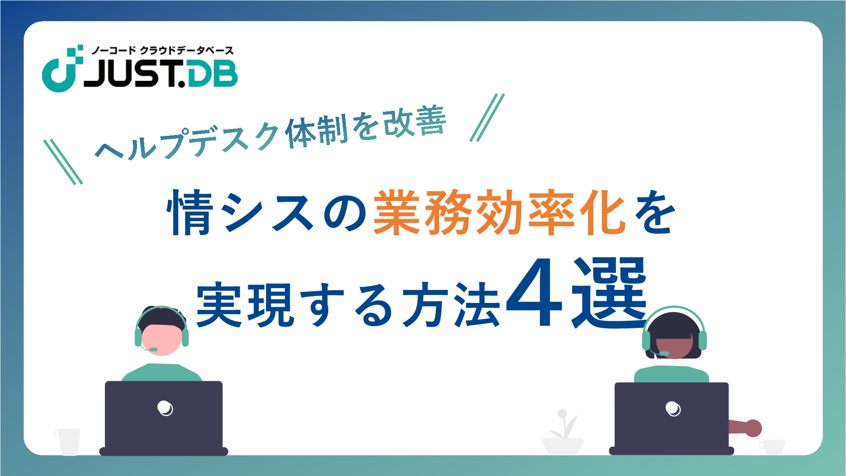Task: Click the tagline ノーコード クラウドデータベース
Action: [x=162, y=50]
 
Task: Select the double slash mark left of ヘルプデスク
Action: [x=63, y=162]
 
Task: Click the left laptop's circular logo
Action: [x=165, y=408]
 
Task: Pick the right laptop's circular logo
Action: [x=673, y=409]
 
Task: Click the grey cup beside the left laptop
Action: [x=68, y=442]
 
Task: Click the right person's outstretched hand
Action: [x=753, y=428]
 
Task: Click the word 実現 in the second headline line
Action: [x=245, y=305]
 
